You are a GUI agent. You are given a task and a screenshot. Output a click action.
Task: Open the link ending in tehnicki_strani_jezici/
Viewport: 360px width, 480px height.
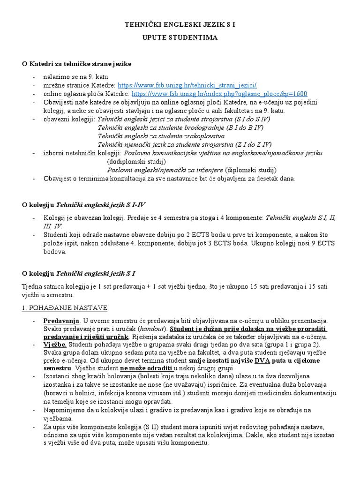pos(187,85)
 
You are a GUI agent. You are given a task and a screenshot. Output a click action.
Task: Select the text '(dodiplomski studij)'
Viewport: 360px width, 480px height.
pos(135,161)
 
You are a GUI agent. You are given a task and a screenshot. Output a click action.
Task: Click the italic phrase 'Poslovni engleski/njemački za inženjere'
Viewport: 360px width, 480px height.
pos(165,170)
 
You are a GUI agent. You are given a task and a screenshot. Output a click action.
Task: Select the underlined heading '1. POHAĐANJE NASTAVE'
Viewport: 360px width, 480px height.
pos(65,307)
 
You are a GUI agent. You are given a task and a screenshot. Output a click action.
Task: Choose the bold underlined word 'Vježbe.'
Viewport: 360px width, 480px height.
pos(56,345)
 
